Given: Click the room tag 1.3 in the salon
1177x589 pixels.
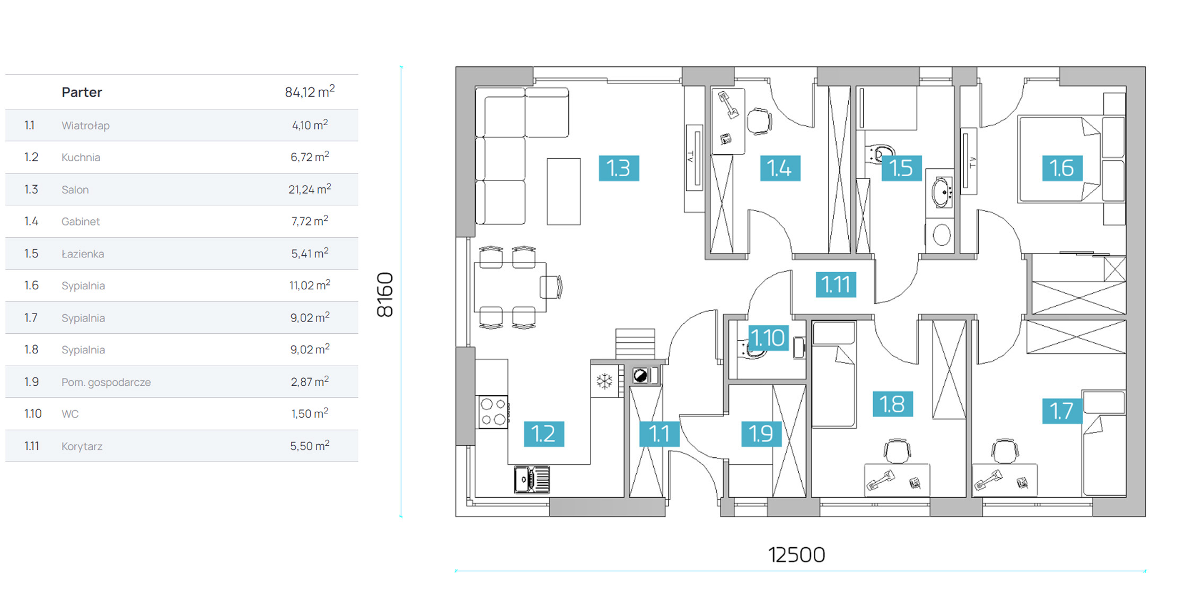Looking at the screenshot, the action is click(619, 168).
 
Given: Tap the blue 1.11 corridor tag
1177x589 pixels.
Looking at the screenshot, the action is click(836, 284).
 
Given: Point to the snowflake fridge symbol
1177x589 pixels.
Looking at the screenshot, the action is click(604, 380).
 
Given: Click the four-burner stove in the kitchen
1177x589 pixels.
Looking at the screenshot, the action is click(493, 412).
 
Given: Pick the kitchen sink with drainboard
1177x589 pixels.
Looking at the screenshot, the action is click(532, 480).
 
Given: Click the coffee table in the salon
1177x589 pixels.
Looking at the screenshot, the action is click(564, 191).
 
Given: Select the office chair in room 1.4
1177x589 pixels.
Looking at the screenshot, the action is click(759, 122).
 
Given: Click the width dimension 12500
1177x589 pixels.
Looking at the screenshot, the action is click(796, 555).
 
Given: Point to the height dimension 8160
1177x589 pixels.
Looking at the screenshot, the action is click(385, 295).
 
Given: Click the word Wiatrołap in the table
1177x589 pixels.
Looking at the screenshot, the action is click(85, 126).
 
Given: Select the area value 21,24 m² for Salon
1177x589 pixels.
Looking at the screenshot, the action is click(310, 189).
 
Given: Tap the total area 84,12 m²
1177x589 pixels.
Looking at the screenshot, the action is click(310, 92).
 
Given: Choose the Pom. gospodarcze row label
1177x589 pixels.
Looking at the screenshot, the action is click(106, 382).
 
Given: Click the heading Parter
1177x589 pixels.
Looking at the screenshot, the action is click(82, 92).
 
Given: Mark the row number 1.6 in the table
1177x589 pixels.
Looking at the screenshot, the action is click(31, 285).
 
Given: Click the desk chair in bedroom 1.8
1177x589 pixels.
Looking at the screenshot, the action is click(897, 451).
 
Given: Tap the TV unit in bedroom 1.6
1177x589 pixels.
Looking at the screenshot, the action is click(969, 161).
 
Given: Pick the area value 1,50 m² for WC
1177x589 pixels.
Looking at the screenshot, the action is click(310, 413).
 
